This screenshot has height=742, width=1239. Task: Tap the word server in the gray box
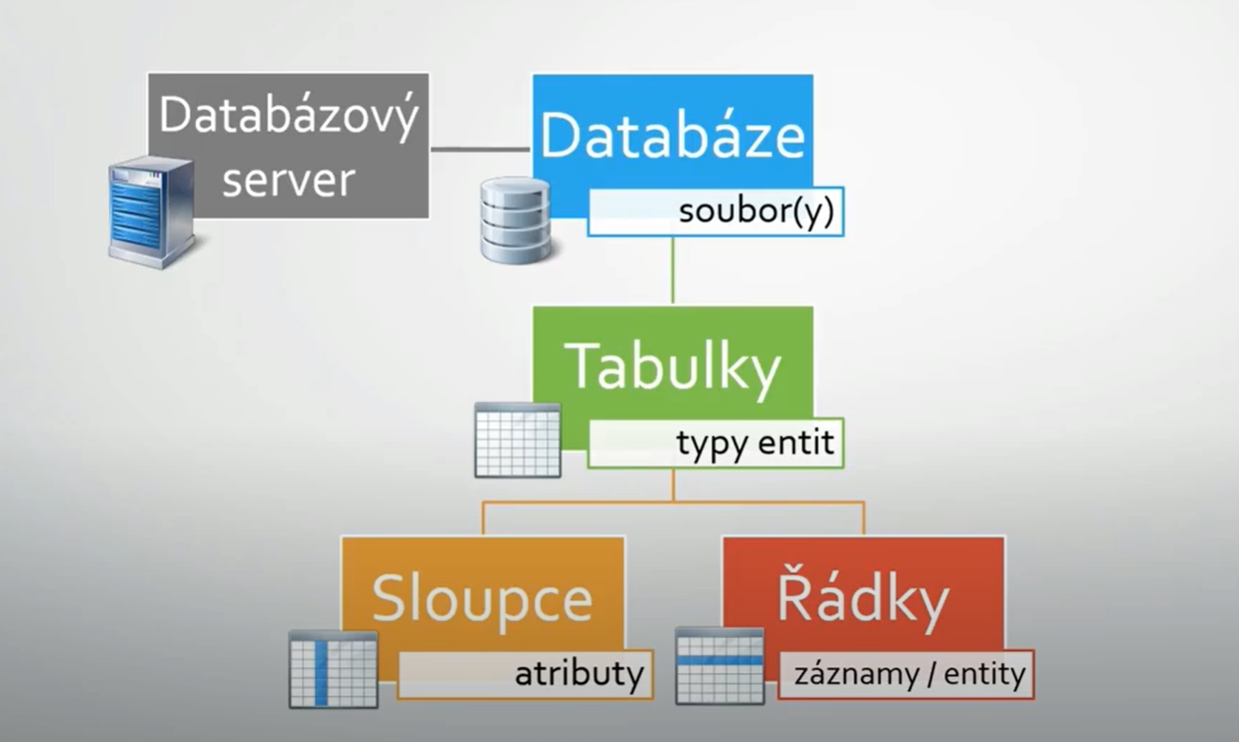(289, 180)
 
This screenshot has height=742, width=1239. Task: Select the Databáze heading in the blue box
(673, 136)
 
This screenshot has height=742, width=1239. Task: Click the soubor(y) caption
(756, 212)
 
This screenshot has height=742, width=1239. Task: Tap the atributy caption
(579, 674)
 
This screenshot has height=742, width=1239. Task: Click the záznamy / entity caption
(910, 675)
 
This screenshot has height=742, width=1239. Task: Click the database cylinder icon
(516, 220)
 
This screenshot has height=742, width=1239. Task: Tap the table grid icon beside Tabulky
(518, 440)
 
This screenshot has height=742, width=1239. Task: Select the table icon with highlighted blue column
(334, 669)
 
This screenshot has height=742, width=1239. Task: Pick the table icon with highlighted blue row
(720, 665)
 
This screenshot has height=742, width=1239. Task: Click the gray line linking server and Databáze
(480, 150)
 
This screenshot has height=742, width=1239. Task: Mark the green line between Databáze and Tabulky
(673, 270)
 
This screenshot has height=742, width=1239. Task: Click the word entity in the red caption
(985, 675)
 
